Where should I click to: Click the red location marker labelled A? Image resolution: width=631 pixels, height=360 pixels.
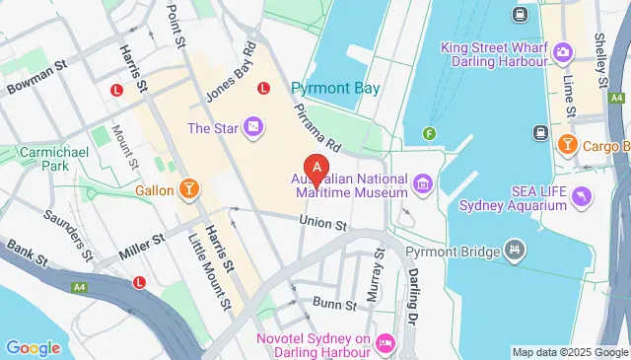coord(316,171)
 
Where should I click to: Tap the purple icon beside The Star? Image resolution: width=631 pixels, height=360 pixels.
coord(254,127)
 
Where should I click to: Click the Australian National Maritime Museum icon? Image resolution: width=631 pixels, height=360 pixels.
coord(422,182)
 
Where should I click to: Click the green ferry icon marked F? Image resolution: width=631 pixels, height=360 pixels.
coord(429,133)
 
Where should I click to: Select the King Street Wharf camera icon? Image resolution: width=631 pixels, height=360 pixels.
coord(562,50)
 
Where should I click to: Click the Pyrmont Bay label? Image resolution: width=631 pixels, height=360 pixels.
coord(335,88)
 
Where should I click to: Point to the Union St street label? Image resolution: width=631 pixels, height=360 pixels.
coord(325,226)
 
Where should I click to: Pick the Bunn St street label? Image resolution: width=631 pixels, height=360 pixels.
coord(333,304)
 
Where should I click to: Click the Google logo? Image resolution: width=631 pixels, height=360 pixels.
coord(34,347)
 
